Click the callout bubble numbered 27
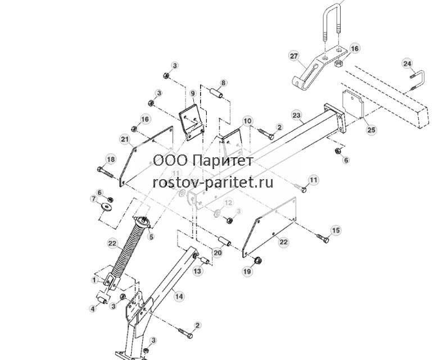click(x=293, y=56)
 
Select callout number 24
click(x=407, y=63)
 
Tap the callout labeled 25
click(x=371, y=130)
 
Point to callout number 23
click(x=296, y=115)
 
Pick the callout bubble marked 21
click(x=125, y=139)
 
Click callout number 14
click(x=179, y=296)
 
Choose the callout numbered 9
click(x=193, y=93)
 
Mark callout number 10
click(x=247, y=121)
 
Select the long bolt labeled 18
click(x=105, y=172)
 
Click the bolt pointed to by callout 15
click(x=323, y=238)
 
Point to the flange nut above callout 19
click(x=257, y=261)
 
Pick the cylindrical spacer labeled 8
click(x=217, y=93)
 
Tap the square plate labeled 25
click(x=353, y=104)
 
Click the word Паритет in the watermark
click(x=223, y=161)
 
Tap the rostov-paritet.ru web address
click(x=213, y=183)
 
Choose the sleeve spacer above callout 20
click(x=224, y=241)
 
